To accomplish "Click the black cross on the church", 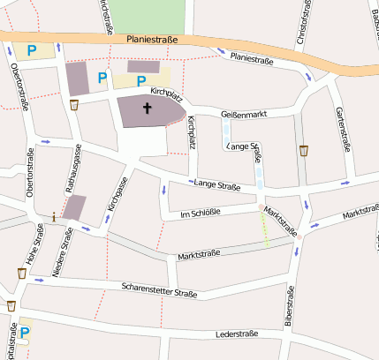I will [x=147, y=109].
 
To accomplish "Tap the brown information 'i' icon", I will [x=55, y=216].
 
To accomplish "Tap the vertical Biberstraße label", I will [x=289, y=308].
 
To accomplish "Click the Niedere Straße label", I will [x=63, y=253].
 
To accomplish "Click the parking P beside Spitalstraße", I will [x=26, y=333].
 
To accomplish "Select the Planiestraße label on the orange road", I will [x=152, y=40].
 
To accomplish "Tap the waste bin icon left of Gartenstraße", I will [x=304, y=150].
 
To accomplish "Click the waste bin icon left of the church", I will [x=74, y=105].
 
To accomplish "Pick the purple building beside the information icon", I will [x=75, y=208].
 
